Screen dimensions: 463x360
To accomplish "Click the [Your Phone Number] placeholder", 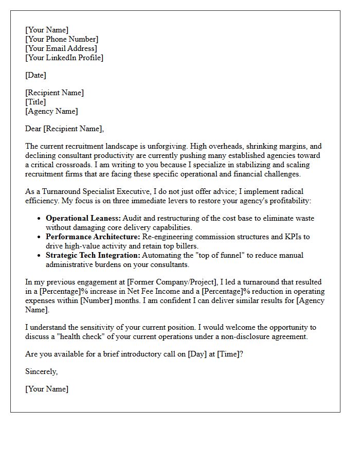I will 62,39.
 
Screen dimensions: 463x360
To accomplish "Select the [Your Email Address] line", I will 61,48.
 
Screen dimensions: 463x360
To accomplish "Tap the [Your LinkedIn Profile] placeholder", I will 64,58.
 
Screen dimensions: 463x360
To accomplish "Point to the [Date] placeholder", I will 35,75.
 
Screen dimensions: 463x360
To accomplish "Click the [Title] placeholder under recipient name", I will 35,102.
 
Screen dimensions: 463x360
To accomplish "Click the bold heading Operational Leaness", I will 83,218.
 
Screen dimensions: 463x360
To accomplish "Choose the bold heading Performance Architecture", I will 93,237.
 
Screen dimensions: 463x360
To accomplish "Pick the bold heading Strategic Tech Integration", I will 93,255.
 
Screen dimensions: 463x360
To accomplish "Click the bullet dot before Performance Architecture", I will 40,237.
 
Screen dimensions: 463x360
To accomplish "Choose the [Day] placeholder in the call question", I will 196,354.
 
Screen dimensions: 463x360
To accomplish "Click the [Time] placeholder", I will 228,354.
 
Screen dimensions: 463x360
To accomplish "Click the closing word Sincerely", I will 41,371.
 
